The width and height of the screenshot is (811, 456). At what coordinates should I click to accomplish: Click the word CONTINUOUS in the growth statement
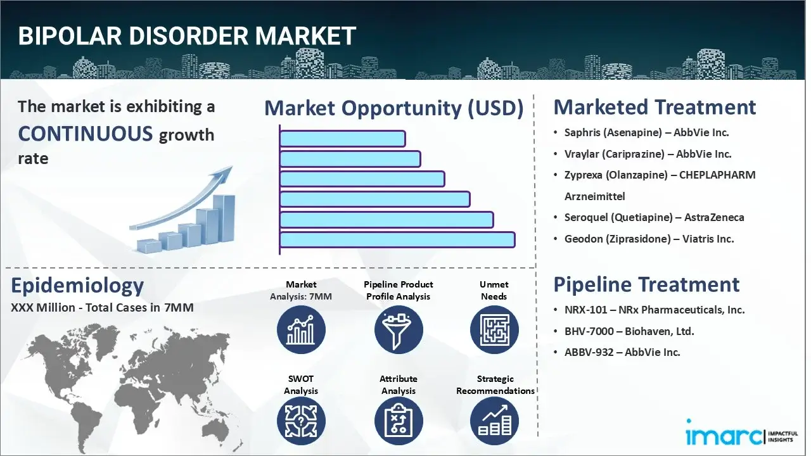coord(86,134)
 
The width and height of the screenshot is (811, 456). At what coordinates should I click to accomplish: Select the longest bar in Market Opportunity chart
coord(397,239)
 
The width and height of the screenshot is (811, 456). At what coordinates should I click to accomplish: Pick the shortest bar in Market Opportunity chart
coord(342,138)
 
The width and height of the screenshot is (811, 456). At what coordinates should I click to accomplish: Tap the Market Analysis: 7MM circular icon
coord(301,329)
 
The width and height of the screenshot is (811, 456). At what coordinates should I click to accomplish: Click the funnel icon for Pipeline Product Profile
coord(398,329)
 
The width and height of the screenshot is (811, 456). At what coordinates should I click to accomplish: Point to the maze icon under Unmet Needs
coord(494,329)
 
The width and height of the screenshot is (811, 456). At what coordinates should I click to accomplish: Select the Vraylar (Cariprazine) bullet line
coord(648,154)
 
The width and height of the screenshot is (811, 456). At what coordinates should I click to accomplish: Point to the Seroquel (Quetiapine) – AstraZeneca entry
coord(654,217)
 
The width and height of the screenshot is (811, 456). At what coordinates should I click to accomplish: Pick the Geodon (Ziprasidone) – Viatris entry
coord(649,239)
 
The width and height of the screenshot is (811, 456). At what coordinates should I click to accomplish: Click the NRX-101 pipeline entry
coord(655,310)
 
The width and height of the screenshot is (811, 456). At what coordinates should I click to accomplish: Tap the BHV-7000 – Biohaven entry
coord(629,331)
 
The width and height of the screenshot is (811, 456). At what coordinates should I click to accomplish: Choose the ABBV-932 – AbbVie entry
coord(622,352)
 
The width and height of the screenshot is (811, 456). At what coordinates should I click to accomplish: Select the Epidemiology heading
coord(77,286)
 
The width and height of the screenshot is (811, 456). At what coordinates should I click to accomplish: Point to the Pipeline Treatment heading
coord(646,284)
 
